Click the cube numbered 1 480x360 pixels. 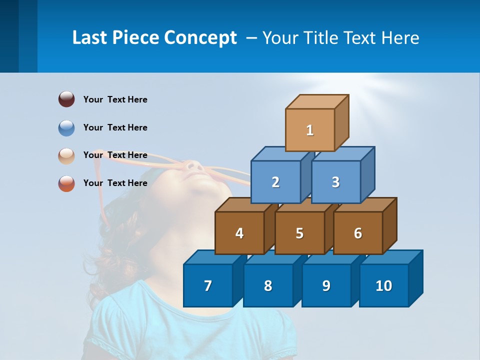[310, 130]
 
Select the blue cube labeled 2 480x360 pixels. [275, 182]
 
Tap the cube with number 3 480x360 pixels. [335, 182]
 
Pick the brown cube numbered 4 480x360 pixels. [239, 233]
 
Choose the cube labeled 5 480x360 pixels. [299, 233]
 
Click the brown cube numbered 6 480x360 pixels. [358, 233]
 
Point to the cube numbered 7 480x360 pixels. [208, 285]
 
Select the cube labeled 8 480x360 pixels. [268, 285]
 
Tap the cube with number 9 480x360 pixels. [326, 285]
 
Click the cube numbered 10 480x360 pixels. [384, 285]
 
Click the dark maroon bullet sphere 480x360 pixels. [66, 99]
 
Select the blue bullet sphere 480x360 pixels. [66, 127]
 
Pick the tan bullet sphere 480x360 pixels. [66, 155]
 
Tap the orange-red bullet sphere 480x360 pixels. [66, 183]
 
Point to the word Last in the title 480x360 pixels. [90, 38]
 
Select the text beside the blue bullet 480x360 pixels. [115, 127]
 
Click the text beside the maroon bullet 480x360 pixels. [115, 99]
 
